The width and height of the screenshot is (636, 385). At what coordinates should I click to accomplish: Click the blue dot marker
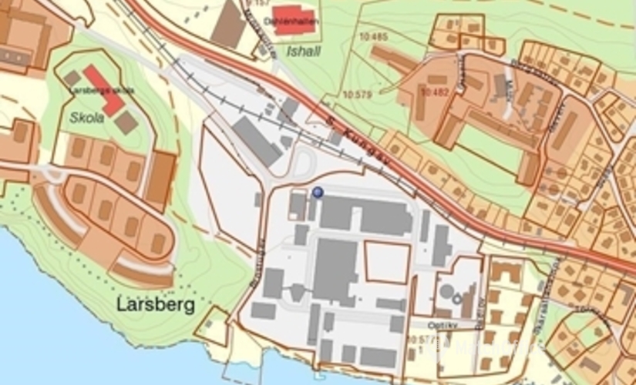point(318,192)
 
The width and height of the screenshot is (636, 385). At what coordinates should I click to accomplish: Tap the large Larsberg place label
point(156,305)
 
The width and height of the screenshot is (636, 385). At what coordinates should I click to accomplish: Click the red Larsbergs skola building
point(103,90)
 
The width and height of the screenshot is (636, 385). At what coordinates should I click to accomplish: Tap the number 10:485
point(373,36)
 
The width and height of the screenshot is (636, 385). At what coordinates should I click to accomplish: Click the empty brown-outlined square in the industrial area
point(386,262)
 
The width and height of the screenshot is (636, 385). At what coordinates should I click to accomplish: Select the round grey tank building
point(447,293)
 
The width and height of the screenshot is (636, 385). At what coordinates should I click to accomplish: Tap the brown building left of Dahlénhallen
point(229,25)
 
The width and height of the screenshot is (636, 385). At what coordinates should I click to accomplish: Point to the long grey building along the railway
point(257,141)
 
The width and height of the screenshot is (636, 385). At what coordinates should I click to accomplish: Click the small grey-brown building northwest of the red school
point(72,78)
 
